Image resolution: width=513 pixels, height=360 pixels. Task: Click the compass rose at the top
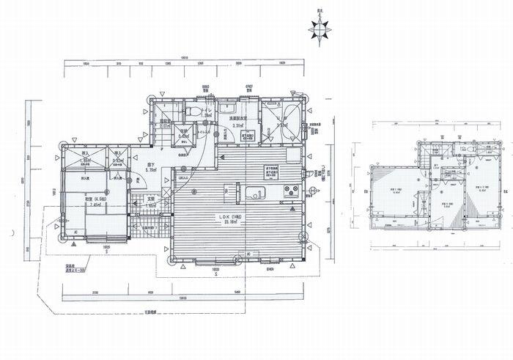coord(320,30)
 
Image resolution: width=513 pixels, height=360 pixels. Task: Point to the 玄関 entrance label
coord(149,199)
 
